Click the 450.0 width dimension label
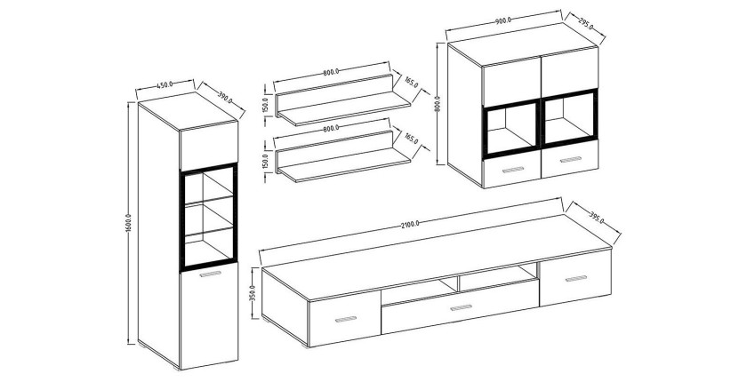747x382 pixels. (165, 85)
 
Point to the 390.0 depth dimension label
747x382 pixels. (225, 98)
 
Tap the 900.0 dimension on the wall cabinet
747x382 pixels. (503, 20)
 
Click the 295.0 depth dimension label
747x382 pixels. (585, 24)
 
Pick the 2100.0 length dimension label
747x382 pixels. (410, 224)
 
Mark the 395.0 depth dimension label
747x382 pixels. (597, 218)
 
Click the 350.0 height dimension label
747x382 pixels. (253, 295)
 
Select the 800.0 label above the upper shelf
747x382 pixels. (331, 72)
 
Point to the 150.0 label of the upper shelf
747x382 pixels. (266, 105)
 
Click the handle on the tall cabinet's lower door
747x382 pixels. (211, 274)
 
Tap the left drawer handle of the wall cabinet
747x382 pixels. (512, 170)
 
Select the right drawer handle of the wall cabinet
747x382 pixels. (571, 159)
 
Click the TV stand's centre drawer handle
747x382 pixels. (461, 307)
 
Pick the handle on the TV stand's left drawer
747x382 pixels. (346, 319)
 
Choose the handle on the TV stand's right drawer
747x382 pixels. (576, 278)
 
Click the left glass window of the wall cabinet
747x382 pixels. (511, 129)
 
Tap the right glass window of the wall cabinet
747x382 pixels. (569, 118)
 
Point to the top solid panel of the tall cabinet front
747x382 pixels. (209, 145)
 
